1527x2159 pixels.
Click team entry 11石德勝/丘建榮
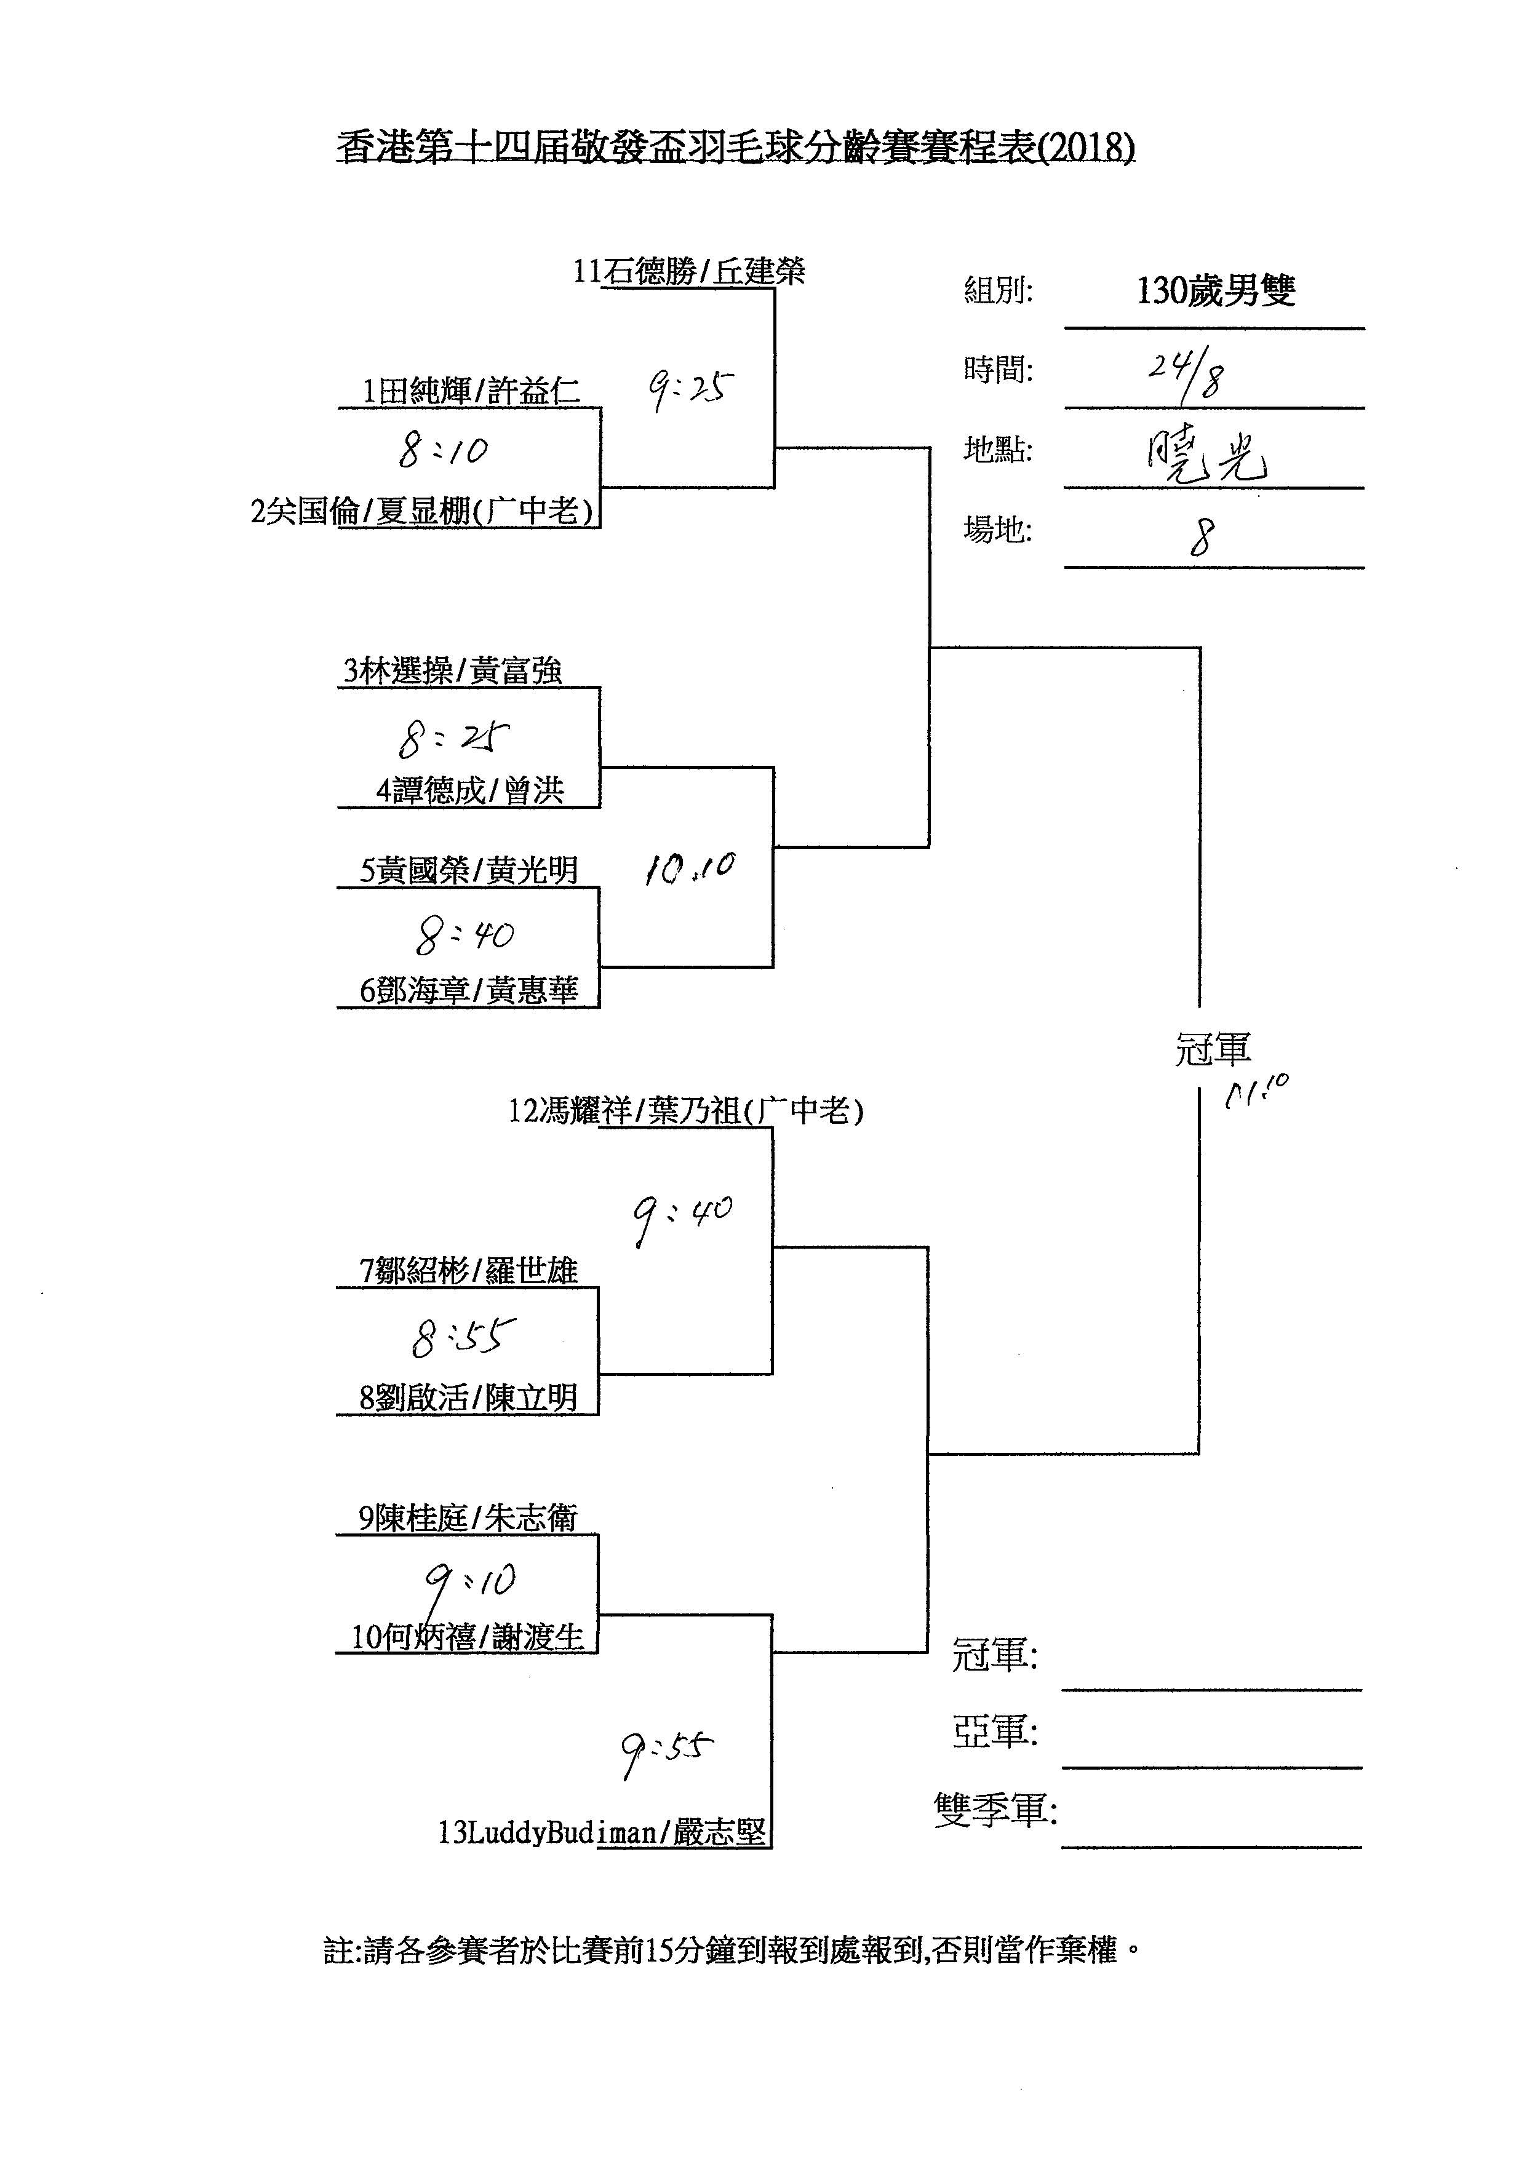689,272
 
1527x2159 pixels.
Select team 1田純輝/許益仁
471,391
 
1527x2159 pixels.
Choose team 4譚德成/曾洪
470,790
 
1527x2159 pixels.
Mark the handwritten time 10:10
689,869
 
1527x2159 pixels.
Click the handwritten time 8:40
464,935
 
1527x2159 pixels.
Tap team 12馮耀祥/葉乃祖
685,1111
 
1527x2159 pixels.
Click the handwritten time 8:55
463,1335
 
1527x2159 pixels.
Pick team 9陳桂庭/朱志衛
468,1517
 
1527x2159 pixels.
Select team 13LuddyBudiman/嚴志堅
602,1832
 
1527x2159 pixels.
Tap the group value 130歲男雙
1216,290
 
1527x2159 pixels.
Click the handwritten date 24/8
1185,373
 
